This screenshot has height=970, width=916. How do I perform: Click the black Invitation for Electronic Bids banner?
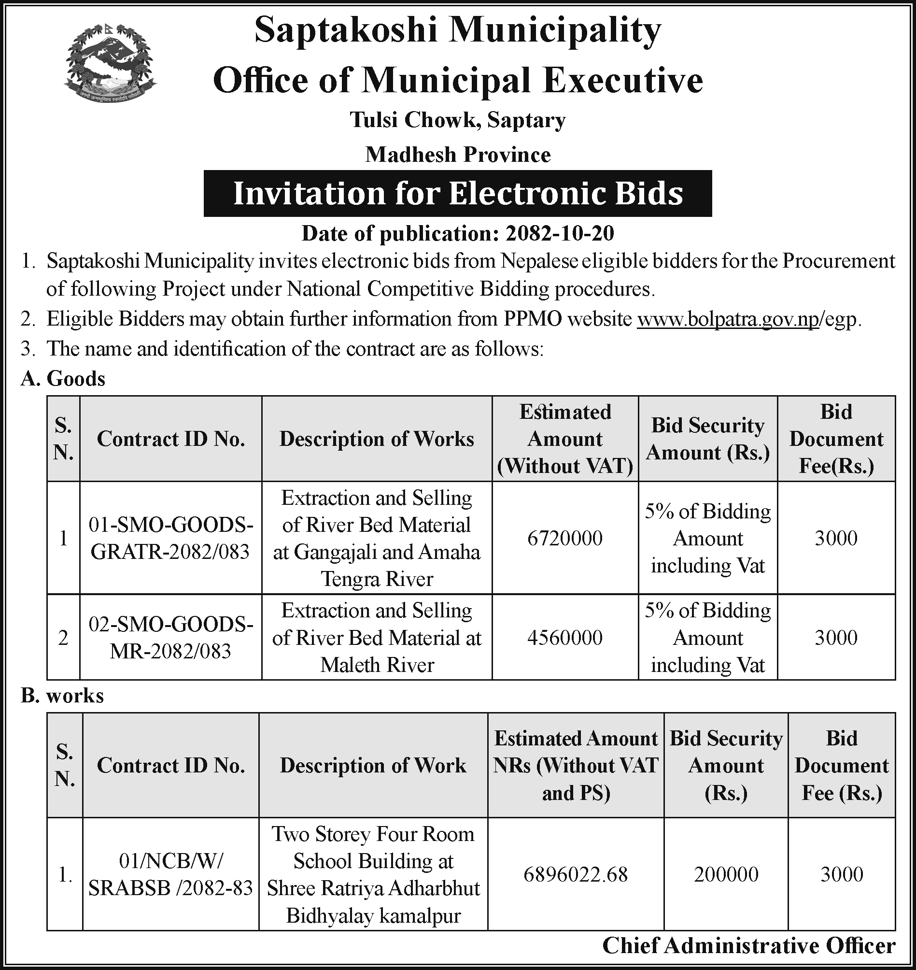(x=457, y=193)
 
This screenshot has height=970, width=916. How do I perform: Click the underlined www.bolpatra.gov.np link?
(x=728, y=319)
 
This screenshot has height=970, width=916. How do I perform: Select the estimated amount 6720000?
(x=565, y=538)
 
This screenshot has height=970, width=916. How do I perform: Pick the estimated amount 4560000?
(x=565, y=637)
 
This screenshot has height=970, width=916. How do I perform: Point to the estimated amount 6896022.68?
(x=576, y=874)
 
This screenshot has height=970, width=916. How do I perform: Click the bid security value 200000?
(x=726, y=874)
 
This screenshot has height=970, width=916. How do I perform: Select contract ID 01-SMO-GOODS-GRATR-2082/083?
(x=170, y=538)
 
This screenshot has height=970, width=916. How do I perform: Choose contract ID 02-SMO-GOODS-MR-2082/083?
(x=170, y=637)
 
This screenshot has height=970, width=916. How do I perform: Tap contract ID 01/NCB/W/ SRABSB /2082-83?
(x=170, y=874)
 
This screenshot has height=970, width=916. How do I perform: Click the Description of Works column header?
(x=377, y=439)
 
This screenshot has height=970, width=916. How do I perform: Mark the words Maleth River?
(x=377, y=665)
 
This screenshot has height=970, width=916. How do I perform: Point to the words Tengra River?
(x=377, y=579)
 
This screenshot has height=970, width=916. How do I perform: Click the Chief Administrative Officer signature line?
(x=748, y=945)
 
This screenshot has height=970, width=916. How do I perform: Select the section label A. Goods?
(x=63, y=379)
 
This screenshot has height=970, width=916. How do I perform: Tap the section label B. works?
(x=62, y=696)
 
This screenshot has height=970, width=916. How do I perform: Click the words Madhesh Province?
(x=458, y=155)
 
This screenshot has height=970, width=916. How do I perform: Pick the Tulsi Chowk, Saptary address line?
(x=458, y=120)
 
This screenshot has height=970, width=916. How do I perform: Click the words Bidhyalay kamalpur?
(x=373, y=915)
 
